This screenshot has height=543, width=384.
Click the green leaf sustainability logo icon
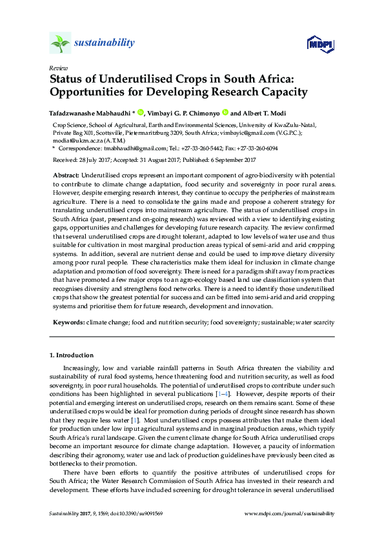coord(60,43)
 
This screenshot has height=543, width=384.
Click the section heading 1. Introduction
coord(72,355)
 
